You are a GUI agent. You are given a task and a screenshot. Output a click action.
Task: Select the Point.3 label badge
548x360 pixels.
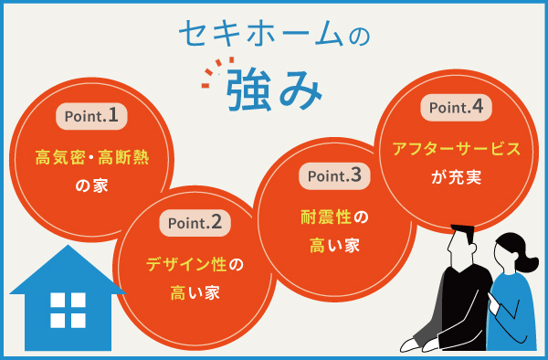point(335,175)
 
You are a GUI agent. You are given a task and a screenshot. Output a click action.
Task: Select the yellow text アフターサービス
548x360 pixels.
point(456,148)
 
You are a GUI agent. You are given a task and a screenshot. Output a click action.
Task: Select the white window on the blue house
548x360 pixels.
point(68,311)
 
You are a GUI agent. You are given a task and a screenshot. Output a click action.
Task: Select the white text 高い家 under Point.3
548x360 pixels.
point(335,245)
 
